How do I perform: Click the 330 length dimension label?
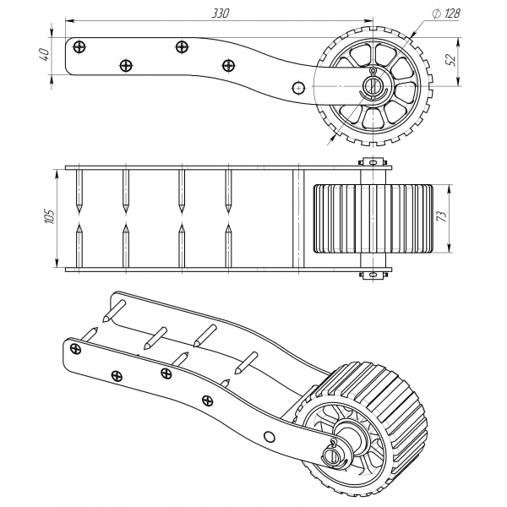point(221,14)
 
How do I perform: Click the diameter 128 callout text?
point(446,14)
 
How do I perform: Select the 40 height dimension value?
point(44,54)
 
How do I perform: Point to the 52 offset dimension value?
point(451,60)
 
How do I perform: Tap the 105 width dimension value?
point(50,216)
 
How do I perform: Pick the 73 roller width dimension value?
point(442,216)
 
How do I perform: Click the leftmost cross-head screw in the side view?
point(79,46)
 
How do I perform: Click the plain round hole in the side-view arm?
point(298,87)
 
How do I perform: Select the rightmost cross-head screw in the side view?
point(229,65)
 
